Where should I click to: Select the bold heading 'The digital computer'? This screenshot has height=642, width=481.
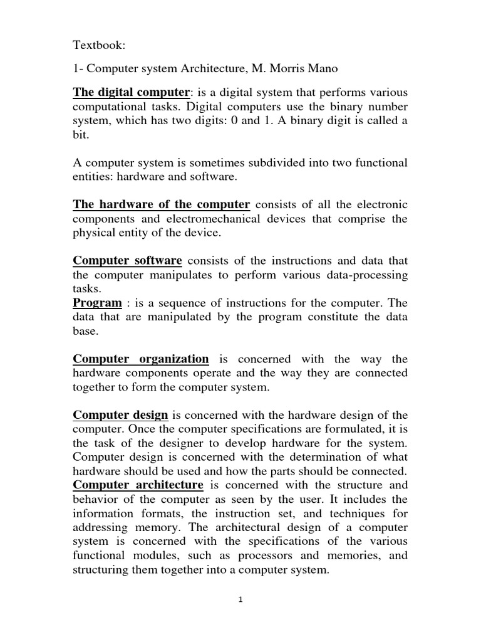pos(131,92)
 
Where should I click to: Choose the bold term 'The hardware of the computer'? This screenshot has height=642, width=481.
pos(162,204)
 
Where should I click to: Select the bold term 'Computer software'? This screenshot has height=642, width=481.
pos(128,260)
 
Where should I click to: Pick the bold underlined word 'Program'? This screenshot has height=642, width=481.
pos(98,303)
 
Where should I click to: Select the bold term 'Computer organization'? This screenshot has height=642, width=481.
pos(141,359)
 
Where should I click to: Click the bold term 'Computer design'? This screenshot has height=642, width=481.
pos(120,414)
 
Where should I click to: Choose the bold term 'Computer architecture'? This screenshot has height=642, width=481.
pos(138,485)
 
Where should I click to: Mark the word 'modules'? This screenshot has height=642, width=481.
pos(157,555)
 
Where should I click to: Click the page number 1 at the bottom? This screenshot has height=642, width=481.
pos(240,599)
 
